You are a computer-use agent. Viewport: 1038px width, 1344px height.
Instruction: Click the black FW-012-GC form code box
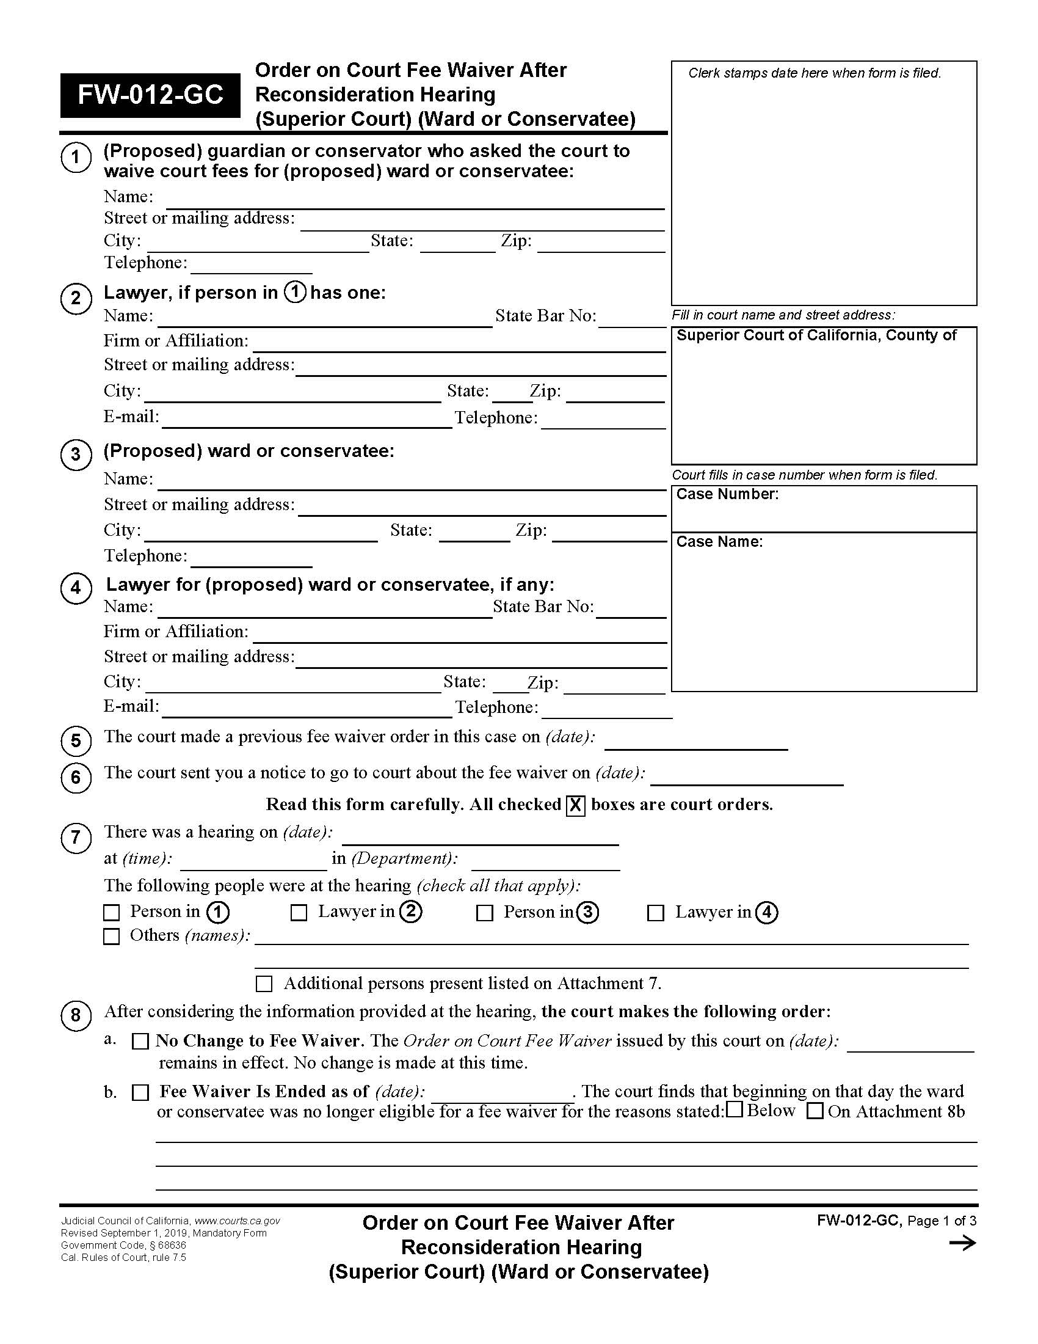pyautogui.click(x=150, y=95)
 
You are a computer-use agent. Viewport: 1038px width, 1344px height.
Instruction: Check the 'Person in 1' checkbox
pyautogui.click(x=111, y=912)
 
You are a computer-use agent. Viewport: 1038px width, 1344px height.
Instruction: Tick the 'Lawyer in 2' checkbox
pyautogui.click(x=299, y=912)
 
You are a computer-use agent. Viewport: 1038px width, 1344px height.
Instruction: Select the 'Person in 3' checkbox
pyautogui.click(x=485, y=913)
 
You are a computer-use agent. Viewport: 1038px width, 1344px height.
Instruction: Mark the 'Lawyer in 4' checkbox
pyautogui.click(x=656, y=913)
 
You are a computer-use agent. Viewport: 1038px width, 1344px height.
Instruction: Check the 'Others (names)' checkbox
pyautogui.click(x=111, y=936)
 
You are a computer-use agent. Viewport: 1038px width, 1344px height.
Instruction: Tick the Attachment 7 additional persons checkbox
pyautogui.click(x=264, y=984)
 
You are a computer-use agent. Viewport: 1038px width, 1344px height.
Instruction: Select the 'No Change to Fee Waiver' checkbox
pyautogui.click(x=141, y=1041)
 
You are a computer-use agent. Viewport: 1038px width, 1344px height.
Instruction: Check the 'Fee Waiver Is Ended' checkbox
pyautogui.click(x=141, y=1092)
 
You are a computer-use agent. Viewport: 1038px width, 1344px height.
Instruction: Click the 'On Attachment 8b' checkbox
pyautogui.click(x=815, y=1111)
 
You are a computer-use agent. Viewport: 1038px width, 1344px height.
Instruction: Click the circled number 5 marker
pyautogui.click(x=76, y=740)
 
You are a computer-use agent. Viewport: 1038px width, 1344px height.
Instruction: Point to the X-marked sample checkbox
pyautogui.click(x=575, y=805)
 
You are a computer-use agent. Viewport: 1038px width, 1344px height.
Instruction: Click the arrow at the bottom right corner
pyautogui.click(x=962, y=1244)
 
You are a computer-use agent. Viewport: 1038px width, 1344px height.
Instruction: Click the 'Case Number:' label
pyautogui.click(x=727, y=494)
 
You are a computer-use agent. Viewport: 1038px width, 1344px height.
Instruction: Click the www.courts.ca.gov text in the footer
pyautogui.click(x=238, y=1221)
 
